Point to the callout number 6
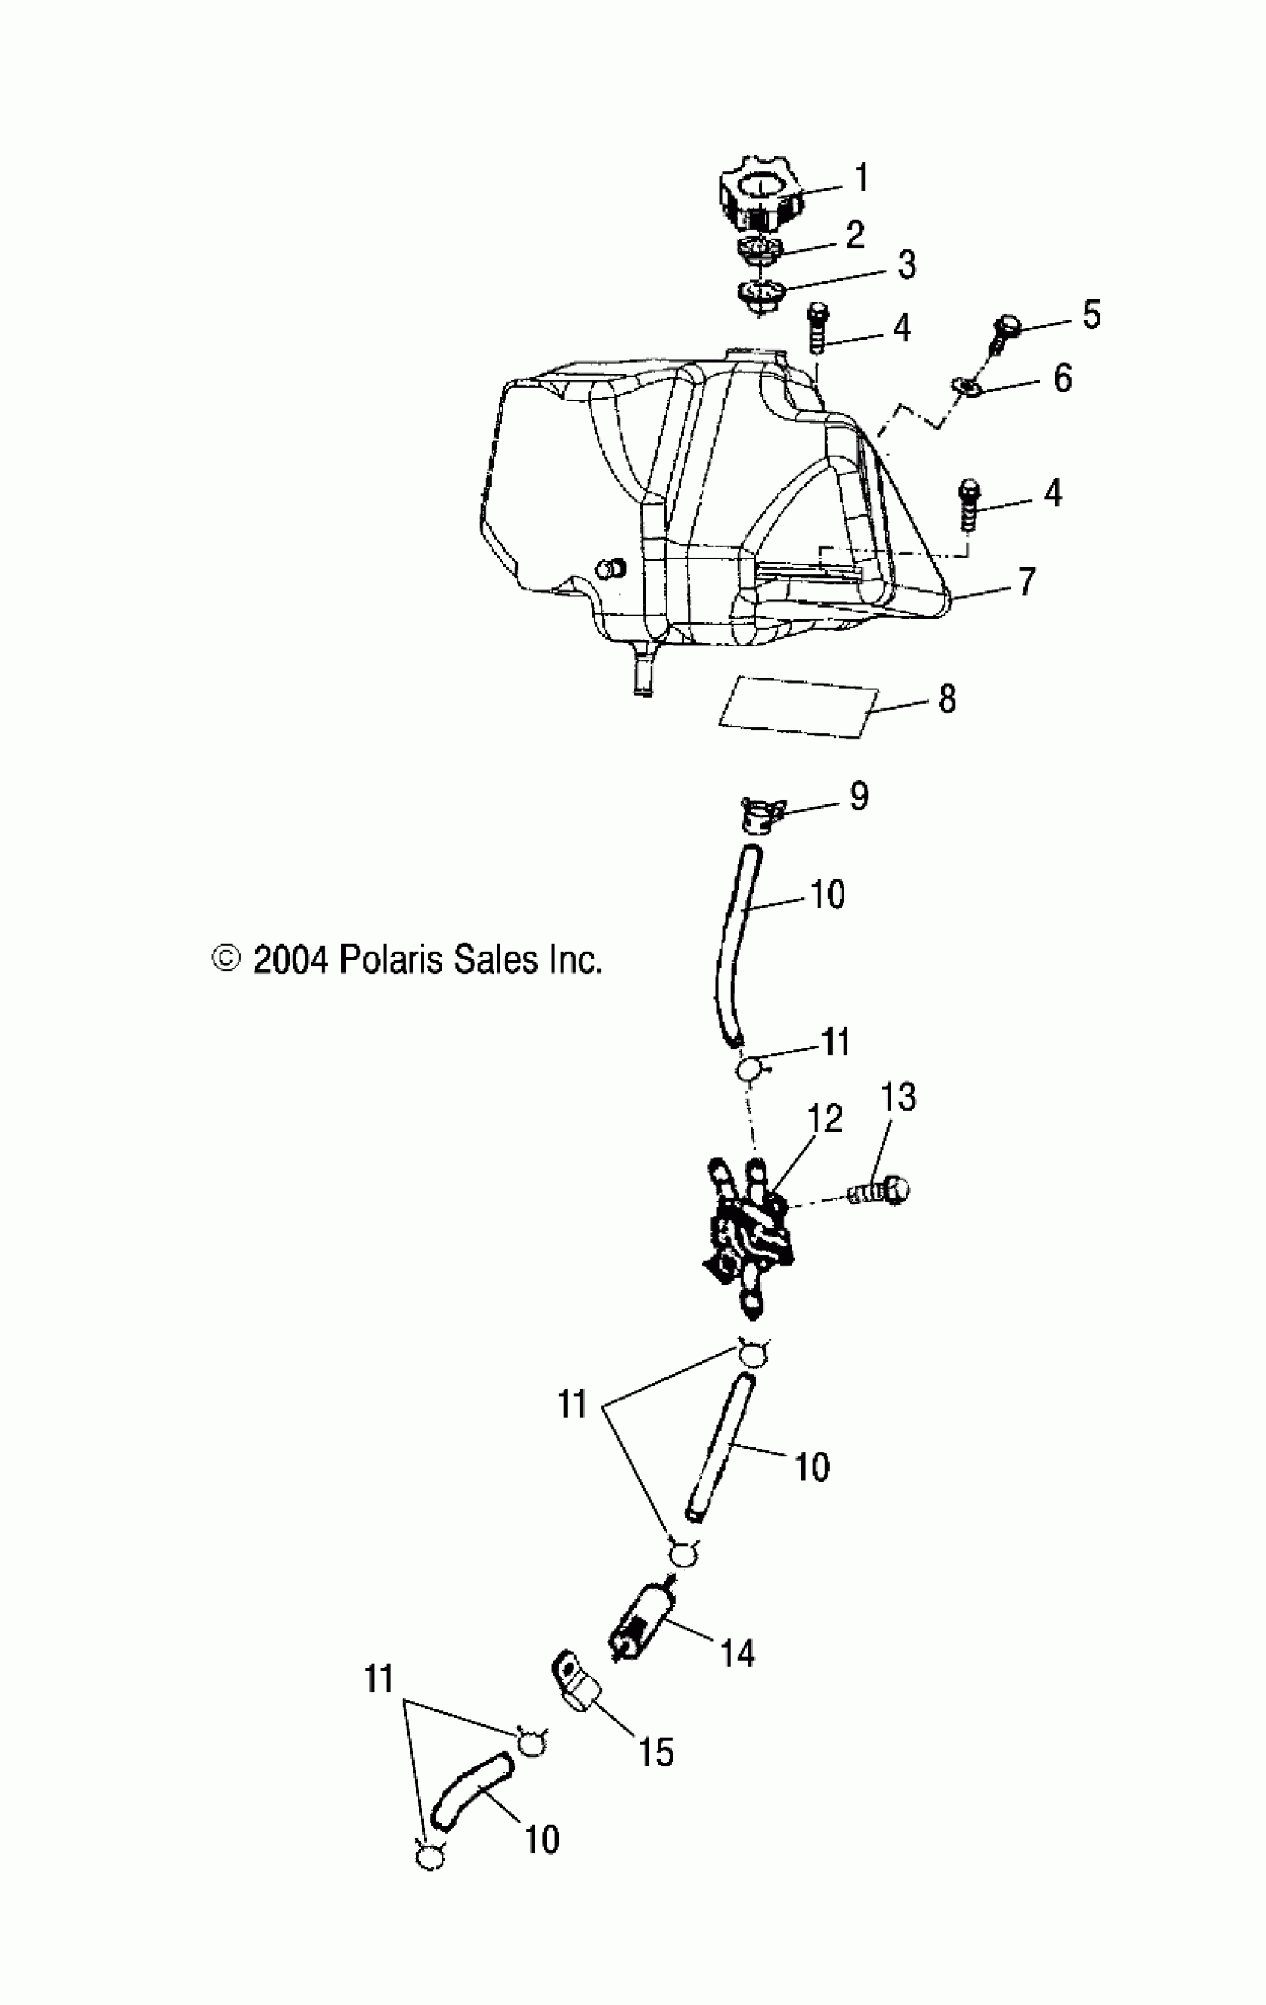1062,378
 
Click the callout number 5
1090,315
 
